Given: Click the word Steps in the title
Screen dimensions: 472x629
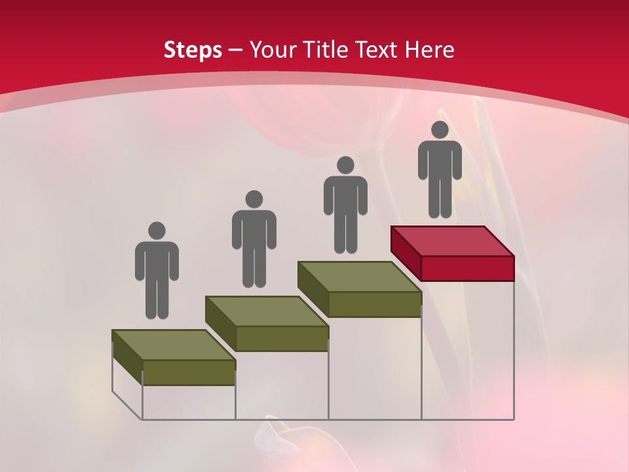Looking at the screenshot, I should [193, 50].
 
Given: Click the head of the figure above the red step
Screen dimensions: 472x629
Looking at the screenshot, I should [440, 130].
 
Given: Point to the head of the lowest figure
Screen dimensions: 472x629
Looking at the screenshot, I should [157, 231].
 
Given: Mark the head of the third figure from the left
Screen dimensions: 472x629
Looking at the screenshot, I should [345, 165].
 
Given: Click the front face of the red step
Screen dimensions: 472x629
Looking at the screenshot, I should [467, 268].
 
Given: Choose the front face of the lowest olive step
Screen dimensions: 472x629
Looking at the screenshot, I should [189, 372].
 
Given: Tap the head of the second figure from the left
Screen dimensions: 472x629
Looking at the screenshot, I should [254, 199].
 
